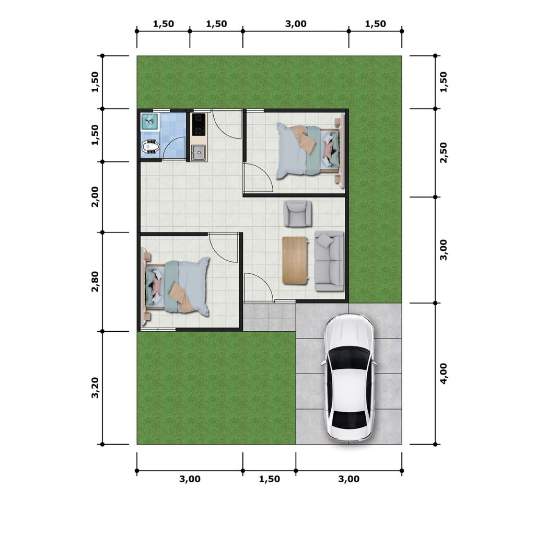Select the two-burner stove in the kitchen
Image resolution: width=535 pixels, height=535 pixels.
click(x=199, y=124)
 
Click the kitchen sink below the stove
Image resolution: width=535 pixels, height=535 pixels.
click(x=198, y=153)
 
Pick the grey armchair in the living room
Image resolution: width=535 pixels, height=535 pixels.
click(x=297, y=213)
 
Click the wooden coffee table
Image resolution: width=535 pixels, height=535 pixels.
click(x=295, y=260)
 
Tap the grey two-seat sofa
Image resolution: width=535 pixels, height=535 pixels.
click(x=329, y=261)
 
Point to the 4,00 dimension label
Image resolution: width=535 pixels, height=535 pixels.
click(x=443, y=374)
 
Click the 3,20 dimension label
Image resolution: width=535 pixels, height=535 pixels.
click(x=95, y=388)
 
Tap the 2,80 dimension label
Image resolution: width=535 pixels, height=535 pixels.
click(x=95, y=282)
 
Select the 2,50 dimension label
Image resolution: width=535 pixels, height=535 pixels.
click(x=443, y=153)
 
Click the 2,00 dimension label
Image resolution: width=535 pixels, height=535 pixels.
click(x=95, y=197)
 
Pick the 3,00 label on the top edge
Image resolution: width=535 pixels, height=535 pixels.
click(x=296, y=24)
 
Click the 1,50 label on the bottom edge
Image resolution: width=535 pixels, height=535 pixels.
click(x=270, y=479)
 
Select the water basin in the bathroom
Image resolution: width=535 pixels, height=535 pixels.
click(x=150, y=121)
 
